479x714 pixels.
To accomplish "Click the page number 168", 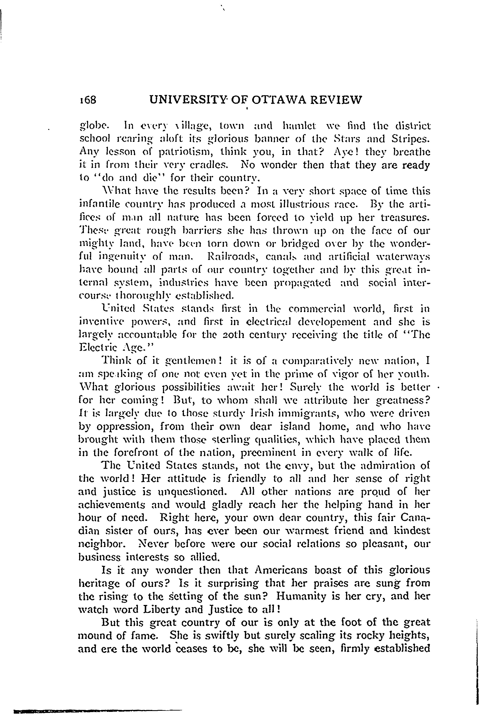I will coord(88,100).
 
